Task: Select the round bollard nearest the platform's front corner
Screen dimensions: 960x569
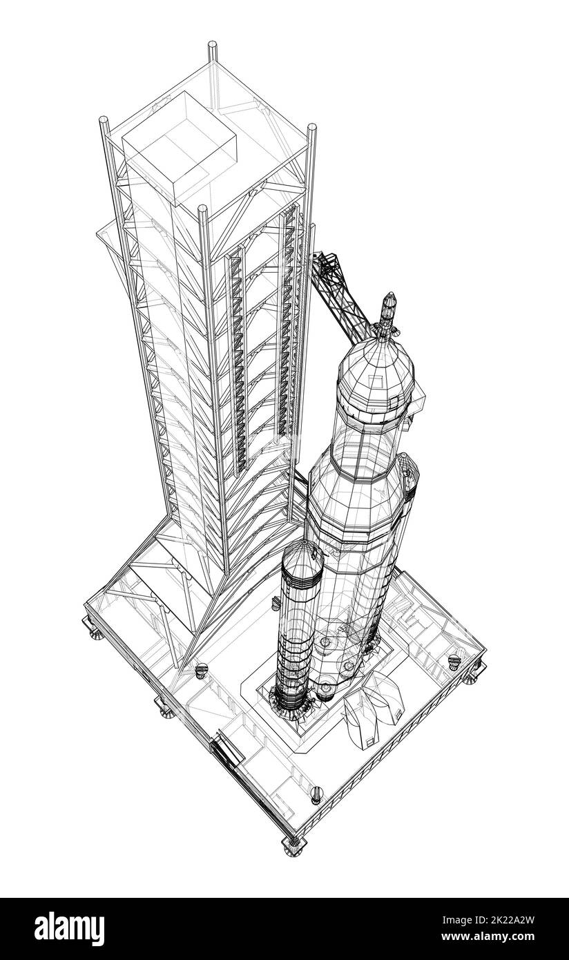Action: (317, 792)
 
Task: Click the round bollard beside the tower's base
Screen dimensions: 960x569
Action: (202, 669)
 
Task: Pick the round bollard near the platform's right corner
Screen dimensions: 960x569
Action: (454, 662)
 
